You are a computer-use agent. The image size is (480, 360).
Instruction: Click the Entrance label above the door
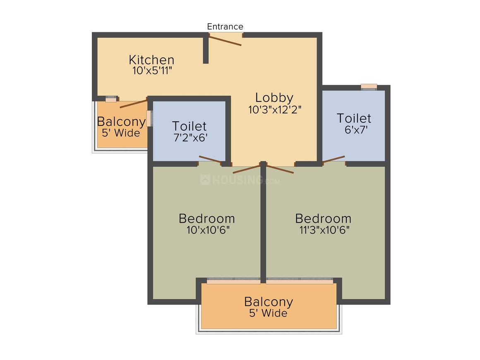coord(225,26)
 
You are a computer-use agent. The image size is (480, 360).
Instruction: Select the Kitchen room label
coord(151,60)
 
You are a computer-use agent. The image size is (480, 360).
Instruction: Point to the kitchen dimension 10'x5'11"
coord(152,71)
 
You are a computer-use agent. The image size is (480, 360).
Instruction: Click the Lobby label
coord(274,98)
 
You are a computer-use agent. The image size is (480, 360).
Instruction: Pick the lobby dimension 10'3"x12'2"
coord(275,110)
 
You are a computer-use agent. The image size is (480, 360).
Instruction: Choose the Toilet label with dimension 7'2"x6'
coord(189,126)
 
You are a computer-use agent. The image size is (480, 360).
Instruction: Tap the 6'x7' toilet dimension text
coord(356,130)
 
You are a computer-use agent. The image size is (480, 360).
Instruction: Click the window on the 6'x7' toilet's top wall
coord(369,87)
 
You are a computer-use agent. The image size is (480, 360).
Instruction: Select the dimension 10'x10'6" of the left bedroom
coord(208,230)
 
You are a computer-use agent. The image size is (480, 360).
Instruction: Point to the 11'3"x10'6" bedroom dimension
coord(324,230)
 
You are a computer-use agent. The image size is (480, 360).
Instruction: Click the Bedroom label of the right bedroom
coord(323,218)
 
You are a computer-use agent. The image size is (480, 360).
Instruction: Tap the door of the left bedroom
coord(247,169)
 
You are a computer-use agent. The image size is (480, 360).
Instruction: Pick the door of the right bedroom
coord(280,169)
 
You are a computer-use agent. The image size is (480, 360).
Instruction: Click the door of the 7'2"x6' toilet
coord(210,159)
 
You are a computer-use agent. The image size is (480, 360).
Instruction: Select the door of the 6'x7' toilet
coord(334,159)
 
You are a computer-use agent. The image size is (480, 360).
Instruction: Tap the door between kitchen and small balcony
coord(134,103)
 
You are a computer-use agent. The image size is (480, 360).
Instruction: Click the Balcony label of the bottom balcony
coord(269,302)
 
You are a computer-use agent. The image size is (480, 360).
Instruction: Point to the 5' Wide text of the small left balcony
coord(121,133)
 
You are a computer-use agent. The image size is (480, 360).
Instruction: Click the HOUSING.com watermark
coord(240,180)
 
